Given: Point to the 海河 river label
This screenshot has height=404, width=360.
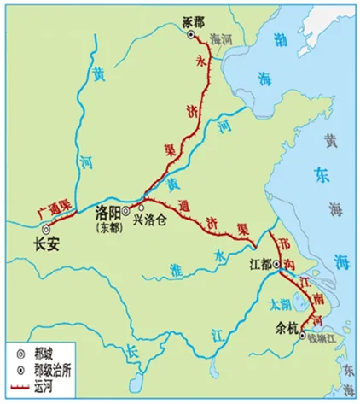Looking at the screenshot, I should tap(221, 39).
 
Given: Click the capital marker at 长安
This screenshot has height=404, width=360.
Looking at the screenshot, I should tap(48, 228).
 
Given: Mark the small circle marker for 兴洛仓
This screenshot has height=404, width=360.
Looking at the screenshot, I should tap(141, 207).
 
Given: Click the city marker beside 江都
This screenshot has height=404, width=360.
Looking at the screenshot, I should tap(276, 266).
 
